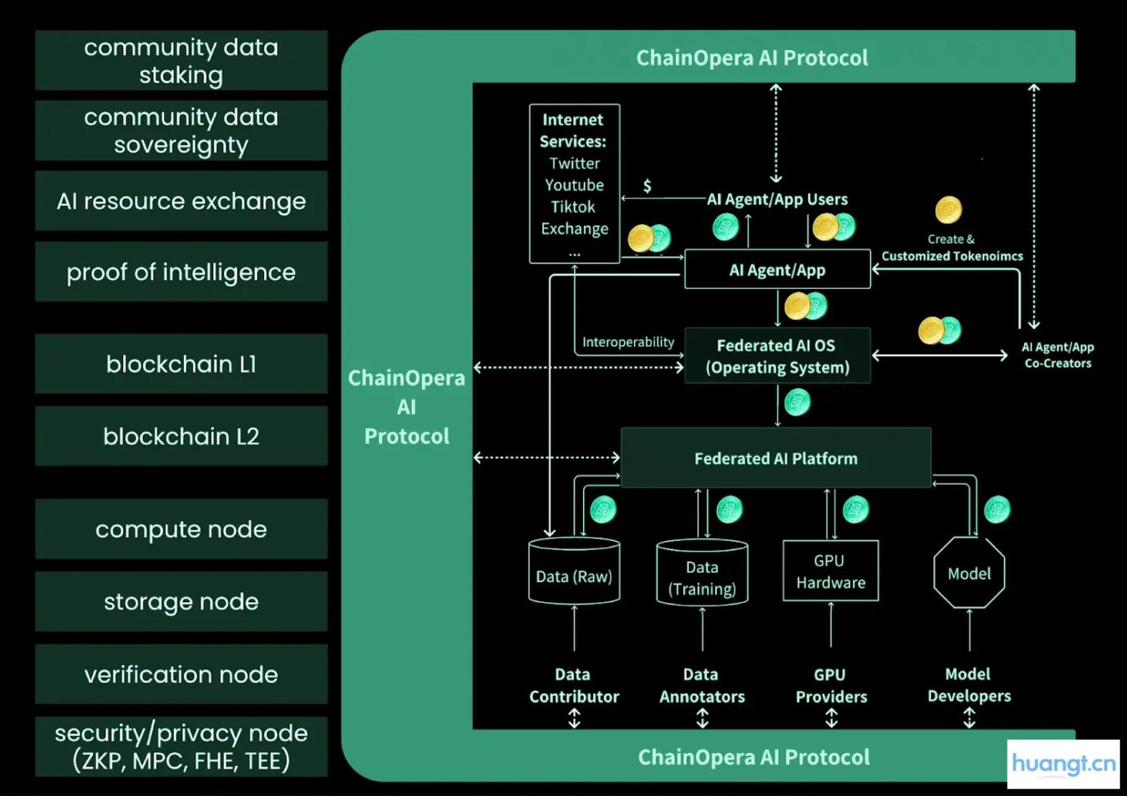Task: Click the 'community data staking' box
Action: coord(181,61)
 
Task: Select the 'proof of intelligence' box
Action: coord(181,272)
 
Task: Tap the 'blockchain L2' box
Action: coord(181,436)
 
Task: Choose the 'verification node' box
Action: coord(181,674)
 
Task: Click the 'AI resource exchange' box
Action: coord(181,201)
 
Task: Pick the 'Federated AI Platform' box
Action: coord(775,458)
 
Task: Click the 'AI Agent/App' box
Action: coord(777,270)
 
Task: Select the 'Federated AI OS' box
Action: coord(777,356)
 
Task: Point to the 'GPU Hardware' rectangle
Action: coord(830,571)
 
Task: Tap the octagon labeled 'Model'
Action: coord(969,574)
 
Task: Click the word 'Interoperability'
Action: coord(628,342)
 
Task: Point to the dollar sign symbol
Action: coord(647,186)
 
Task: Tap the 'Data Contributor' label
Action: coord(573,686)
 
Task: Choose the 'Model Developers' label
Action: coord(969,685)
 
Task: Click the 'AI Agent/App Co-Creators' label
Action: coord(1057,355)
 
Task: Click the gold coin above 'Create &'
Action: coord(948,210)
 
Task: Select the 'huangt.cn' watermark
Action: coord(1063,763)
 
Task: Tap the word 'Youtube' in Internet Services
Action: coord(574,185)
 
